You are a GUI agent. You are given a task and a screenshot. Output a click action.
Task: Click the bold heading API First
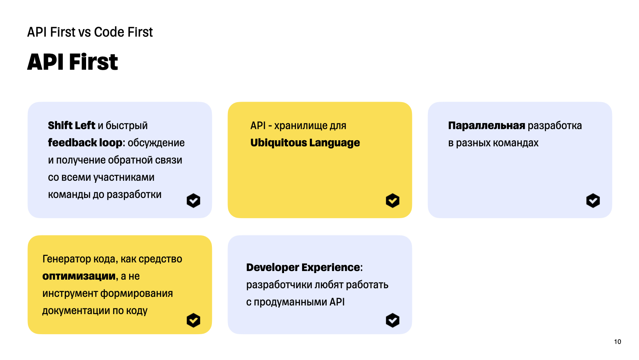(x=73, y=62)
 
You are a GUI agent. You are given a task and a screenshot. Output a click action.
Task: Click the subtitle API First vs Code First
(x=90, y=32)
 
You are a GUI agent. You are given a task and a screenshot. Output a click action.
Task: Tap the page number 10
(x=617, y=342)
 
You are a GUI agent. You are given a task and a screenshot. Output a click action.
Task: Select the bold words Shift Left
(x=71, y=125)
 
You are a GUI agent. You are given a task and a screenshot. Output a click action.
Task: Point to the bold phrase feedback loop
(x=85, y=143)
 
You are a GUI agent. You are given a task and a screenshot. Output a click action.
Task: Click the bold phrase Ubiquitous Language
(x=305, y=143)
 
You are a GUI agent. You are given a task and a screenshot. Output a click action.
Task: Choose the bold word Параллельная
(x=487, y=125)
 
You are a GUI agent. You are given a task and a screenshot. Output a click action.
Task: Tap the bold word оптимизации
(x=79, y=276)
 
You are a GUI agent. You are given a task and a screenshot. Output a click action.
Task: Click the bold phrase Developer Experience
(x=303, y=268)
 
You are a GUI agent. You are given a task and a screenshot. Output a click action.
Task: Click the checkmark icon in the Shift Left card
(x=193, y=201)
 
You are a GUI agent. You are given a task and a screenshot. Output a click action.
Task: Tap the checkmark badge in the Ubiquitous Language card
(x=393, y=201)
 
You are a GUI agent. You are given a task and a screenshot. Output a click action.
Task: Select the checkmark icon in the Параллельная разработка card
(x=593, y=201)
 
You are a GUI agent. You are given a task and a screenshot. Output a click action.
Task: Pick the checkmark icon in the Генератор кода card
(x=193, y=320)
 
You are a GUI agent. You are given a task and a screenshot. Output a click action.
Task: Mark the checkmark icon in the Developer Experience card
(x=393, y=320)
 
